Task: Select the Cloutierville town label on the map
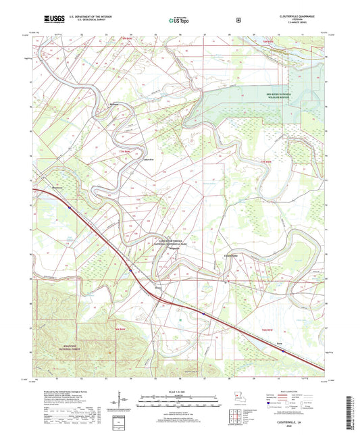tap(230, 255)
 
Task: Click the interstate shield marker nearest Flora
tap(284, 351)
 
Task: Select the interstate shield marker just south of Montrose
tap(70, 208)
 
